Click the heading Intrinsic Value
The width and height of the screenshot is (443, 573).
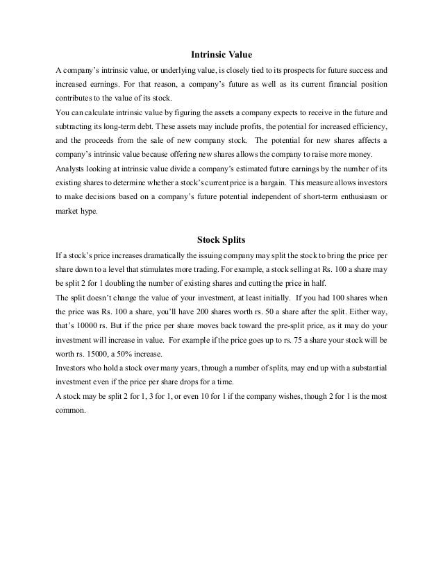click(x=221, y=53)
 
